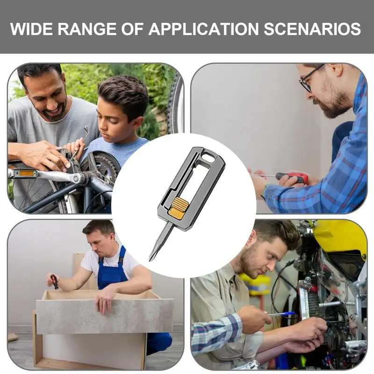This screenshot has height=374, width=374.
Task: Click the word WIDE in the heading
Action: point(31,29)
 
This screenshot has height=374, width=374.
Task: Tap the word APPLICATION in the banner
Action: point(203,29)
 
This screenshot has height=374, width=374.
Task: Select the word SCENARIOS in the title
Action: point(312,29)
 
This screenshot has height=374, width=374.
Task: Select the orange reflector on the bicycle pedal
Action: point(25,173)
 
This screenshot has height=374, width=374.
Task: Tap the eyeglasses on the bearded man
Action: point(309,79)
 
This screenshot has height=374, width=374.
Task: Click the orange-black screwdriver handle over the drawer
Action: point(54,281)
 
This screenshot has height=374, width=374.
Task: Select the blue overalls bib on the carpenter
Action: point(112,270)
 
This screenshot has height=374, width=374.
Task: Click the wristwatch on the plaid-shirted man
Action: point(264,192)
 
